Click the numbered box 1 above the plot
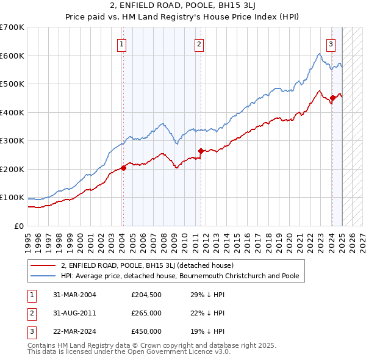[123, 43]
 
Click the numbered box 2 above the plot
[199, 43]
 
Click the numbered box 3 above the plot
[331, 43]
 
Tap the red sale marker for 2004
[123, 168]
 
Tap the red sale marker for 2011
[201, 151]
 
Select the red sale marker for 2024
[332, 98]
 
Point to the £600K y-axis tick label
[12, 56]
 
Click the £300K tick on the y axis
[12, 141]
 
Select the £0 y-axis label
[18, 226]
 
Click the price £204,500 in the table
[146, 295]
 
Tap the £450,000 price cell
[146, 331]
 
